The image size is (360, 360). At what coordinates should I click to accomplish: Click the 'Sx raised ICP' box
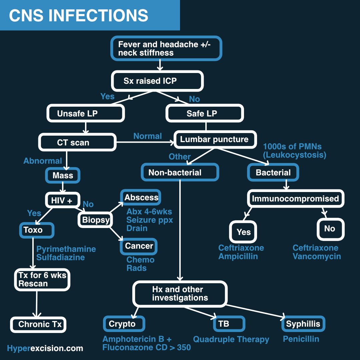[157, 81]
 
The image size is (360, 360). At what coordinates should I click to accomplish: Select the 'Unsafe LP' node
[86, 113]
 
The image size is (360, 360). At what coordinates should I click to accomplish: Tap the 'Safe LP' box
[205, 113]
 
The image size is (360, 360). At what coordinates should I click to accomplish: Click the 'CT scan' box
[77, 143]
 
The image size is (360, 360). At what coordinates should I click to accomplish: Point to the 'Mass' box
[63, 175]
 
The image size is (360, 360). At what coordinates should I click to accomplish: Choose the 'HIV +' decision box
[63, 200]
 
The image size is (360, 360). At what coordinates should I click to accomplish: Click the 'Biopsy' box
[96, 220]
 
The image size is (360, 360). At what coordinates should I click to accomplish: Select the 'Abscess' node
[141, 198]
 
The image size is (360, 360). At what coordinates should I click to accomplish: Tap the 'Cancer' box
[139, 246]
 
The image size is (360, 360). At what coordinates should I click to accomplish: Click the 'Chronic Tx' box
[38, 324]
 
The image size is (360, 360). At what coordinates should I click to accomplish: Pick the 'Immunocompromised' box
[295, 199]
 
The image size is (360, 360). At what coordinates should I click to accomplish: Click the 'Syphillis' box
[303, 324]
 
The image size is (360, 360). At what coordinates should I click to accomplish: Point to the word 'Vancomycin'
[317, 256]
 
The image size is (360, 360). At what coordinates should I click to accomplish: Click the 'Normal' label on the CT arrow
[148, 136]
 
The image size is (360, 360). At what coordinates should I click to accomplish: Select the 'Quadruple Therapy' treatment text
[231, 339]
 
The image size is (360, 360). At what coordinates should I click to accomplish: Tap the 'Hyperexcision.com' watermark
[45, 348]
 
